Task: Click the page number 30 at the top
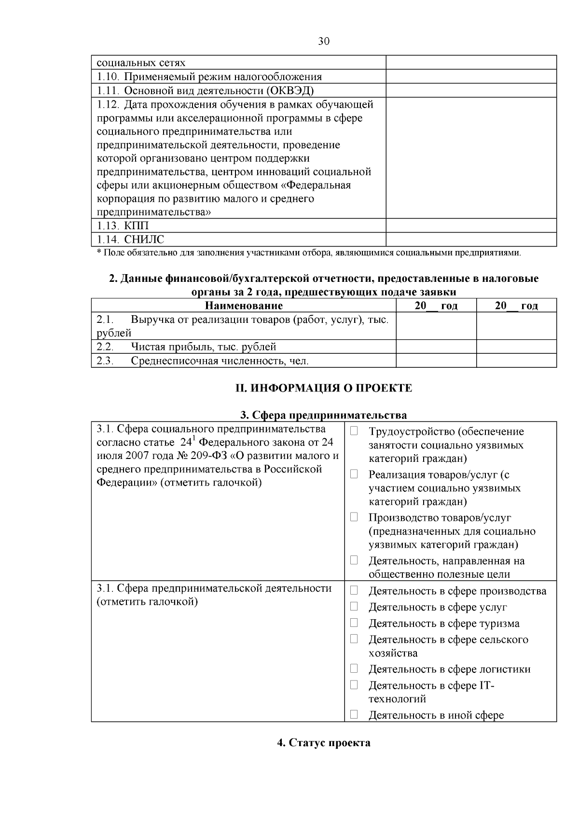pos(324,42)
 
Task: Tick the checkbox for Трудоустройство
pos(354,431)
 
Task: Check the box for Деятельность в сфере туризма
pos(354,623)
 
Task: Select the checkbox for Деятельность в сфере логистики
pos(354,668)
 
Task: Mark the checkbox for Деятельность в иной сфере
pos(354,714)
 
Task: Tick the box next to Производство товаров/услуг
pos(354,517)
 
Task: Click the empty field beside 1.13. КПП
pos(471,225)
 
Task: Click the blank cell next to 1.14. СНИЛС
pos(471,239)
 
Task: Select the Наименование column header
pos(244,305)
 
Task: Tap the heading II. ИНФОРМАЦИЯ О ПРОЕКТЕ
pos(324,388)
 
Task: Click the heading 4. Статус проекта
pos(324,742)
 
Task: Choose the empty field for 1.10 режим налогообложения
pos(471,76)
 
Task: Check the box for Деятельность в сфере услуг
pos(354,606)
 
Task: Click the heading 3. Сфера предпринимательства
pos(324,415)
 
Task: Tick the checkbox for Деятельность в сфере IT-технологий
pos(354,684)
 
